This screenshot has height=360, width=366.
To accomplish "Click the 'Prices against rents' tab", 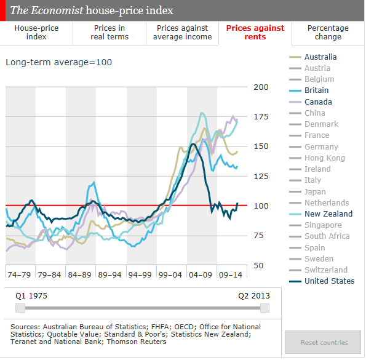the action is coord(255,33).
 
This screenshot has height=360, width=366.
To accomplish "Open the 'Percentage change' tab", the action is coord(328,33).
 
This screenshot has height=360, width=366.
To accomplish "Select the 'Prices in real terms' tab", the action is coord(109,33).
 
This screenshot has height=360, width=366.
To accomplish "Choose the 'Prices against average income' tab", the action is coord(182,33).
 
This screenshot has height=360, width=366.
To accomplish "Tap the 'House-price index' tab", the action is coord(36,33).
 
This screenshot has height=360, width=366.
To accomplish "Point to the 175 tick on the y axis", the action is coord(261,117).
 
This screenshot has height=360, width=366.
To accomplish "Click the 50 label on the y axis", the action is coord(258,266).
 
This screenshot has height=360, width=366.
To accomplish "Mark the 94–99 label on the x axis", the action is coord(140,275).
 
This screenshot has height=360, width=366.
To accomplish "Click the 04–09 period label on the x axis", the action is coord(201,275).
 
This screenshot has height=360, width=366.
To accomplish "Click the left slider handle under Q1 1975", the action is coord(20,308).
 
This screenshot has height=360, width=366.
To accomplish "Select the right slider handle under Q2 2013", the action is coord(265,308).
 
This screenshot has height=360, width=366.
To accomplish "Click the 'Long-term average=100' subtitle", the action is coord(59,62).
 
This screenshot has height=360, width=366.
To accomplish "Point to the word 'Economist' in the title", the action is coord(57,10).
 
